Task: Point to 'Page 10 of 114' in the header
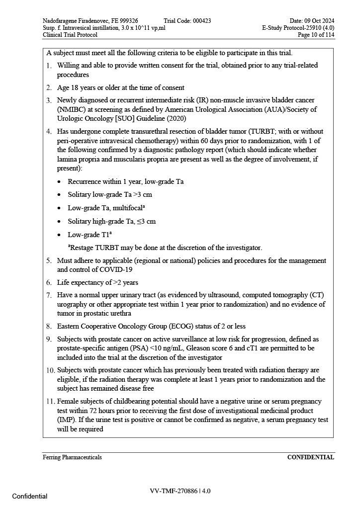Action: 316,35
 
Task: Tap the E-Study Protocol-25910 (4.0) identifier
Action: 298,28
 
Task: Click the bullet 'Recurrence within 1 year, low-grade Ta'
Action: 125,181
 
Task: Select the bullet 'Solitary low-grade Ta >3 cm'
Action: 110,195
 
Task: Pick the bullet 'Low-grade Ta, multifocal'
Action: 106,208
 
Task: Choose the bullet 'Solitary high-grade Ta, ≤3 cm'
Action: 111,221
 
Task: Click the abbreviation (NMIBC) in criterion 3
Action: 70,109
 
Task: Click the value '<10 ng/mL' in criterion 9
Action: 167,348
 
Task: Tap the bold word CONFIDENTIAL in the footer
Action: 310,457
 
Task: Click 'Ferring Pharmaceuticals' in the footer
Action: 72,457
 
